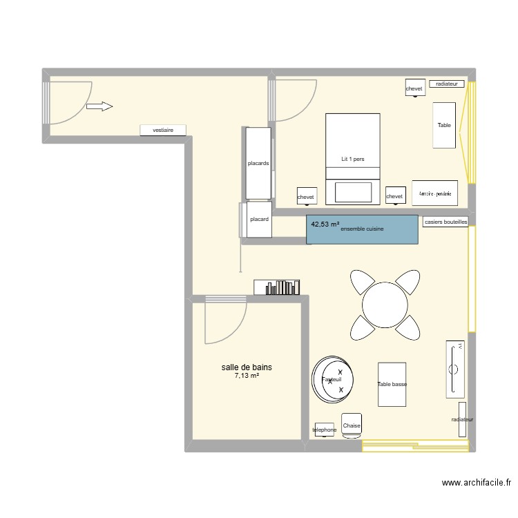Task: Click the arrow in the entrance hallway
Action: [x=99, y=106]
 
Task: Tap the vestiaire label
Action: [x=162, y=130]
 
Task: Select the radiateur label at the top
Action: [x=447, y=84]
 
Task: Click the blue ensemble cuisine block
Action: [x=363, y=229]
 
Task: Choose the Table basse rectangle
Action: [x=392, y=384]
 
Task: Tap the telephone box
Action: [x=324, y=430]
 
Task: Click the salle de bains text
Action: [x=247, y=367]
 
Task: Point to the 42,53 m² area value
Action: [x=325, y=224]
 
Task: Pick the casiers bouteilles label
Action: [x=445, y=222]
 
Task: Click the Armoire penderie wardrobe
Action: [x=435, y=193]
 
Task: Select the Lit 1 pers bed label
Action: [x=352, y=159]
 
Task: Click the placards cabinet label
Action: [x=258, y=164]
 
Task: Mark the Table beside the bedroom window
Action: [x=444, y=125]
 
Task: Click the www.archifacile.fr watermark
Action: [x=475, y=484]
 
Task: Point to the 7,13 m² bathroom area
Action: [x=247, y=376]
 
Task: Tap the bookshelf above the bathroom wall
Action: [x=278, y=287]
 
